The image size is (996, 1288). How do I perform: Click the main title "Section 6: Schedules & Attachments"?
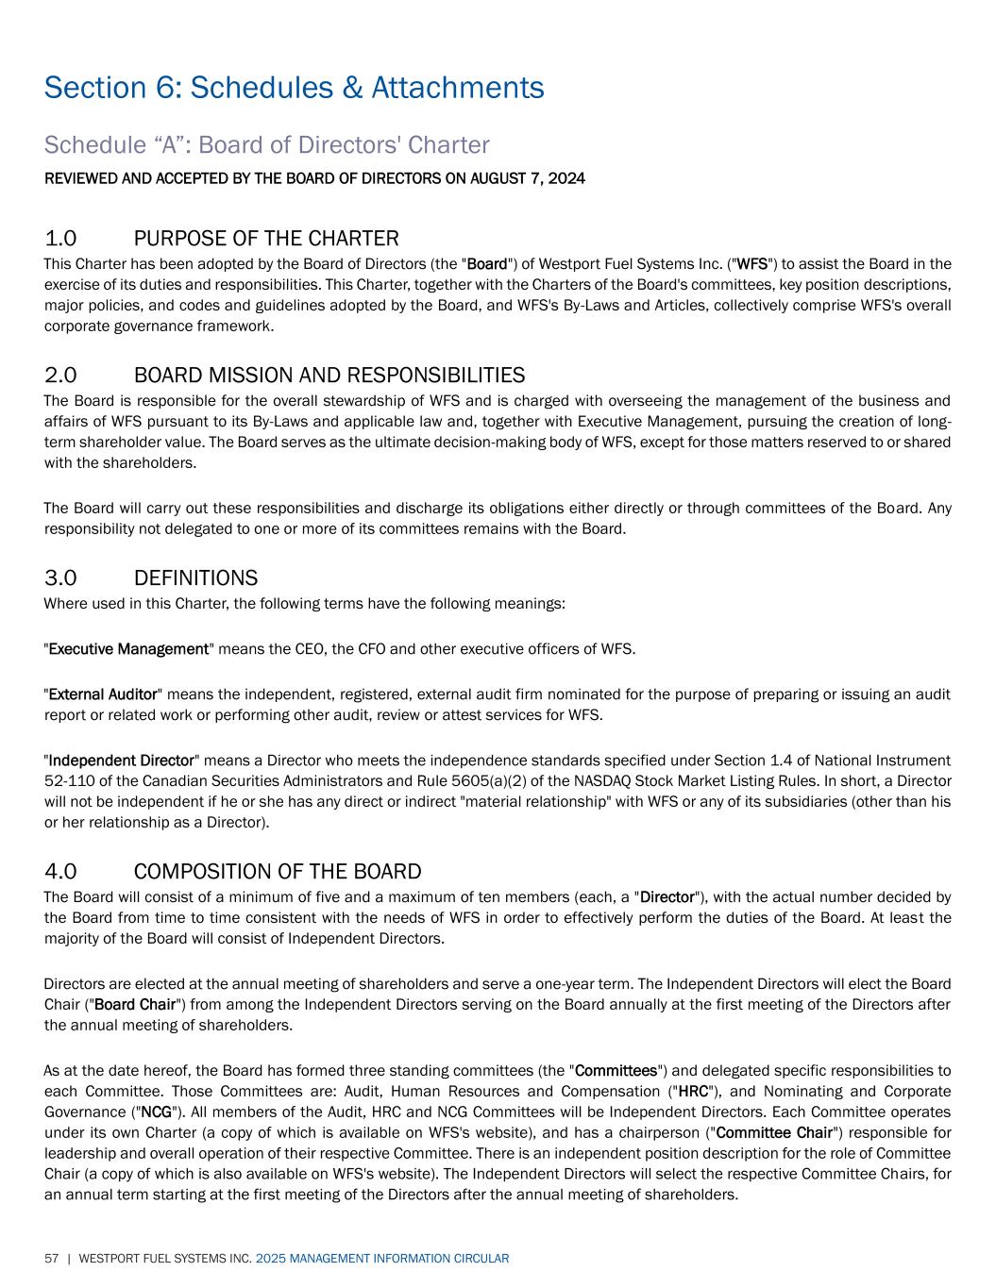[x=294, y=88]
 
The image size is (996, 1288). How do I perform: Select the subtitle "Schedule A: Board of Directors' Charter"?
[x=266, y=145]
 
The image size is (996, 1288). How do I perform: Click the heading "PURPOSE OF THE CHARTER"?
[x=266, y=238]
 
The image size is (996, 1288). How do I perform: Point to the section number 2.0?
[x=60, y=376]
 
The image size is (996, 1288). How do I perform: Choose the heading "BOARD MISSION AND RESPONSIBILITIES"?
[x=329, y=376]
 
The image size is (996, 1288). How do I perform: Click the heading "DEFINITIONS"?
[x=195, y=577]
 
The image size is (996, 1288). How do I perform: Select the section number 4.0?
[x=60, y=871]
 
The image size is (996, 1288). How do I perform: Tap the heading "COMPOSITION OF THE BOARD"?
[x=278, y=871]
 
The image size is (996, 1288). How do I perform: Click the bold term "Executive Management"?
[x=128, y=649]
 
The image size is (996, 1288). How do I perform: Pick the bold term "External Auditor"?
[x=103, y=694]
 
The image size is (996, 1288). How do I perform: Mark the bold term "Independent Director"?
[x=121, y=761]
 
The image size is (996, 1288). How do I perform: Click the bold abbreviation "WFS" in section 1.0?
[x=752, y=264]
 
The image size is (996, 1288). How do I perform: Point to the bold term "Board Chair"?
[x=136, y=1004]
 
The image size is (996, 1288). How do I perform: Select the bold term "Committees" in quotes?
[x=616, y=1071]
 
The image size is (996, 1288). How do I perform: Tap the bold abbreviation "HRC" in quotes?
[x=694, y=1092]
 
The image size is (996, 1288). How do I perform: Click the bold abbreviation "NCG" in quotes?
[x=157, y=1112]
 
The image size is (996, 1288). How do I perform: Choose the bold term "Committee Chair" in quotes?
[x=774, y=1132]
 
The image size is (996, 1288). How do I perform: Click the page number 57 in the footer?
[x=51, y=1259]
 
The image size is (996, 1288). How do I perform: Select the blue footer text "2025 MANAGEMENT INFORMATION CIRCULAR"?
[x=382, y=1259]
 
